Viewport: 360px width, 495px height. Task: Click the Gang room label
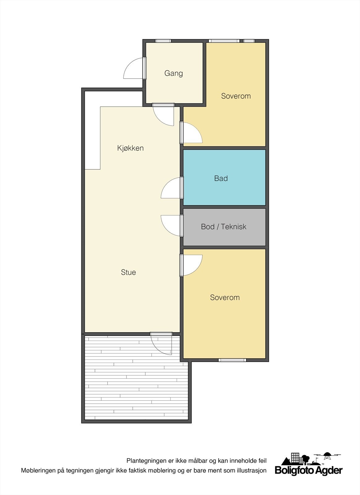[x=174, y=73]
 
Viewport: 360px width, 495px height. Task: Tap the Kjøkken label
[x=130, y=148]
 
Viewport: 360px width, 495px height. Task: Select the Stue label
[x=128, y=272]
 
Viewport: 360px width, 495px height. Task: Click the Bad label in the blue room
[x=221, y=178]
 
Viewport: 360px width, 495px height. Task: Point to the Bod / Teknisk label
[x=224, y=226]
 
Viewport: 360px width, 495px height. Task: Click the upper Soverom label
[x=236, y=96]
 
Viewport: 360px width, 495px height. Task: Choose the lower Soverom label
[x=225, y=297]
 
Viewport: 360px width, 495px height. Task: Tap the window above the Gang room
[x=163, y=41]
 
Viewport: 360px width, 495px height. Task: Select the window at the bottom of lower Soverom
[x=232, y=360]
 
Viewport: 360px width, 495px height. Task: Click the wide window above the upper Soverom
[x=224, y=41]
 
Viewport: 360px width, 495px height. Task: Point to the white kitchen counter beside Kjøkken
[x=92, y=130]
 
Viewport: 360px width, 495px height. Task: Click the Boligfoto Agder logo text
[x=309, y=471]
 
